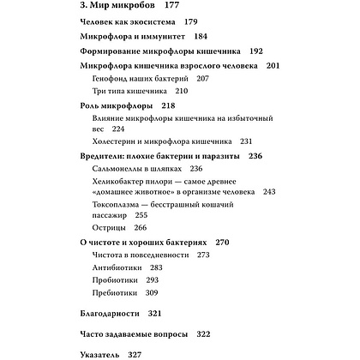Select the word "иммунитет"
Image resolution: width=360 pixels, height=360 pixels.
(163, 37)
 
